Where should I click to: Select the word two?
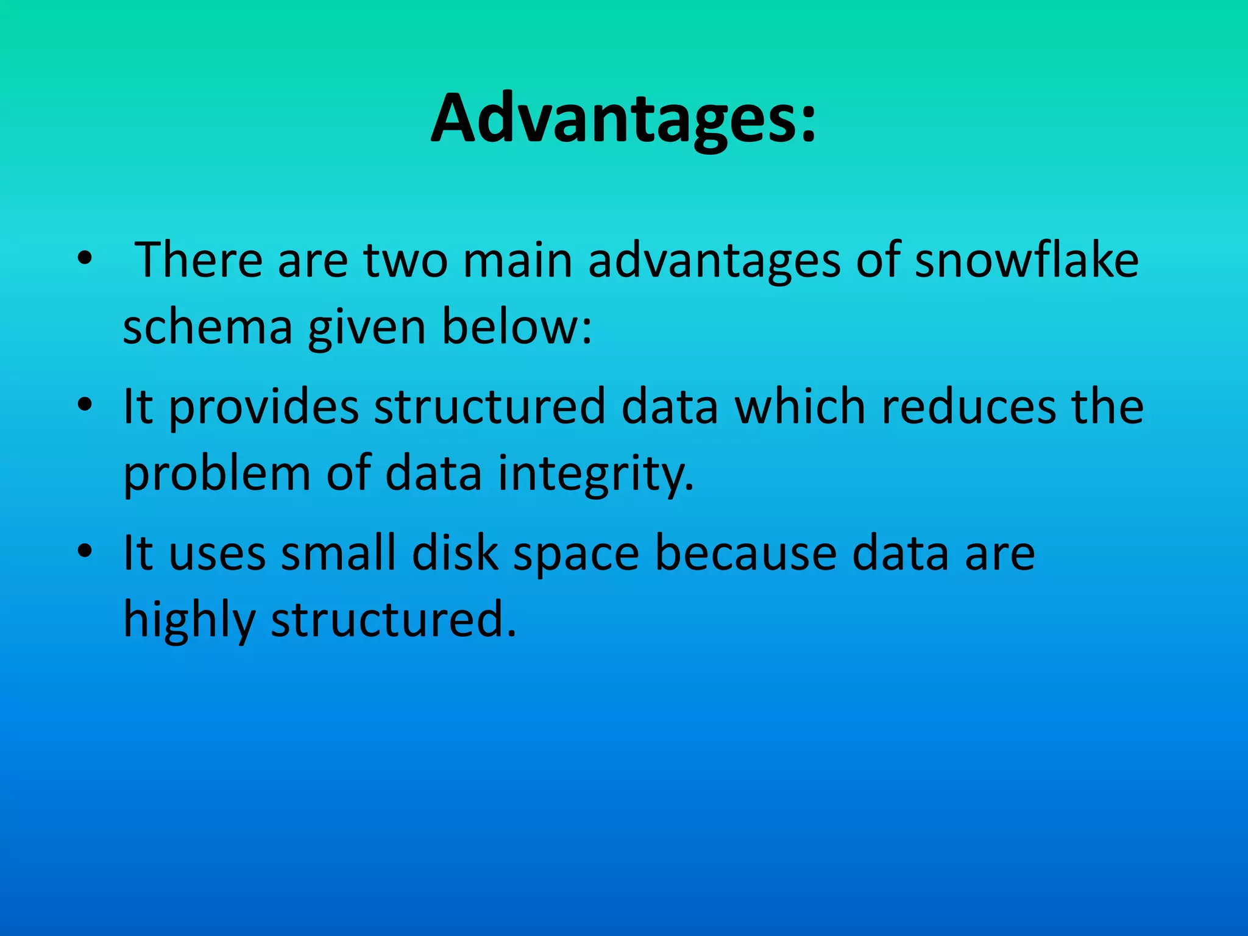tap(405, 260)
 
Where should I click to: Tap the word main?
tap(517, 260)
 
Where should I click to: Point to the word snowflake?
tap(1027, 260)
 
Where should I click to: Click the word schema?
tap(207, 327)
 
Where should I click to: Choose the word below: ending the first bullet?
tap(516, 327)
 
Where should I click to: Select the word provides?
tap(263, 407)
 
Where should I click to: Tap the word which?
tap(800, 407)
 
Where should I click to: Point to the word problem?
tap(217, 474)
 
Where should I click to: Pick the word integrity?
tap(596, 474)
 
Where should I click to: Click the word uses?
tap(217, 553)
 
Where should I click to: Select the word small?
tap(338, 553)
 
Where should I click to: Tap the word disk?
tap(455, 553)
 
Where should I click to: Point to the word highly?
tap(189, 620)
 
